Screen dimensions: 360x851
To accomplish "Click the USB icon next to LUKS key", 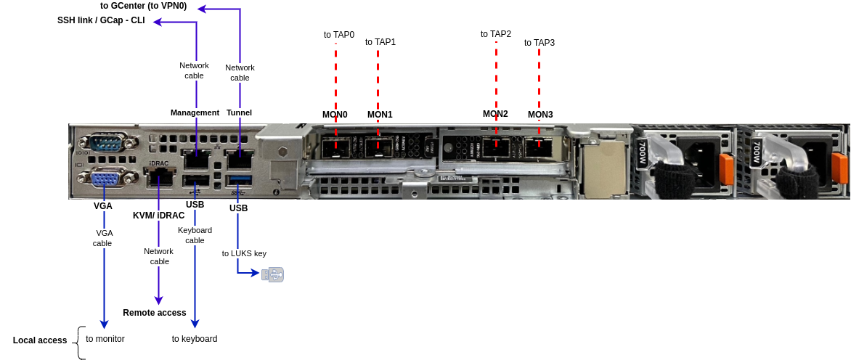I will [273, 274].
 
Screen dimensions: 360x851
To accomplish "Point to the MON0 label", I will [335, 115].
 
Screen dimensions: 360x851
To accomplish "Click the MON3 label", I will [540, 115].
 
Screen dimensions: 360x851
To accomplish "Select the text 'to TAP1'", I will [380, 42].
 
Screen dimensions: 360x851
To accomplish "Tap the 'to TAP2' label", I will [496, 34].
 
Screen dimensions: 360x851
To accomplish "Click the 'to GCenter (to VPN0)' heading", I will [143, 6].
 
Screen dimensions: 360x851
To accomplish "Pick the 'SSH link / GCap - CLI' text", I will [101, 20].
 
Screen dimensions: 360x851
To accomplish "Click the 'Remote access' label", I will [155, 313].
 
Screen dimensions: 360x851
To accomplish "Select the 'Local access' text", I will [40, 340].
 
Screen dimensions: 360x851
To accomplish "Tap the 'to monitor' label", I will [105, 339].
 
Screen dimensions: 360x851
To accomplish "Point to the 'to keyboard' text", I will [195, 339].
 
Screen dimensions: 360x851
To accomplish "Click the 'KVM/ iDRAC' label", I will [158, 216].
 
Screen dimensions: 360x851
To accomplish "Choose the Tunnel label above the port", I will [239, 112].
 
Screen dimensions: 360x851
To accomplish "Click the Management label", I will [195, 112].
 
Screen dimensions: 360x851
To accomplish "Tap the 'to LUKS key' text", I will [244, 253].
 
